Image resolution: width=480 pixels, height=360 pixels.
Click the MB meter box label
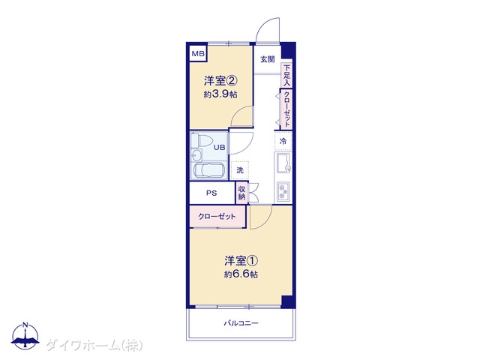click(x=198, y=54)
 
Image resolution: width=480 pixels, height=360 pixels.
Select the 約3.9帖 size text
click(x=220, y=94)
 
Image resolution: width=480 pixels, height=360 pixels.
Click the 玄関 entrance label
click(x=268, y=59)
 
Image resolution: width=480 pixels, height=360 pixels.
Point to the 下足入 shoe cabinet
click(x=286, y=75)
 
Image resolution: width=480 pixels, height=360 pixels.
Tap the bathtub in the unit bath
click(x=209, y=170)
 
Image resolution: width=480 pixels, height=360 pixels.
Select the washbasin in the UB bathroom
click(x=196, y=155)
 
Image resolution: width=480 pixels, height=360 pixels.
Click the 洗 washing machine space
click(x=240, y=170)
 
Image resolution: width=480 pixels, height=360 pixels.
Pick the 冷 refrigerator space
click(x=283, y=141)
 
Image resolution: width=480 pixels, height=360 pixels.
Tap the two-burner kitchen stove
click(x=283, y=192)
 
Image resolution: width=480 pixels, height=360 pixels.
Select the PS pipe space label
click(x=211, y=193)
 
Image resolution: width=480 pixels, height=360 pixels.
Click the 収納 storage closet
click(x=241, y=193)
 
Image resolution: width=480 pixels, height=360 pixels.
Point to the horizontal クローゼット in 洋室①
click(x=217, y=217)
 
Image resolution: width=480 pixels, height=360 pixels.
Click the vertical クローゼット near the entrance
click(x=286, y=109)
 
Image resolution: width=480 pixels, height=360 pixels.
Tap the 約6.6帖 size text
click(x=241, y=274)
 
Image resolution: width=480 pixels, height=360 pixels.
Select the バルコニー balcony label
click(x=241, y=323)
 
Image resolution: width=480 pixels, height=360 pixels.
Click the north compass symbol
click(x=25, y=335)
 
